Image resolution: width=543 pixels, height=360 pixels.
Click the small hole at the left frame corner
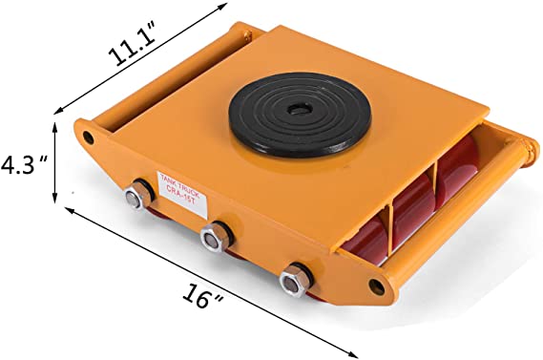(91, 137)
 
